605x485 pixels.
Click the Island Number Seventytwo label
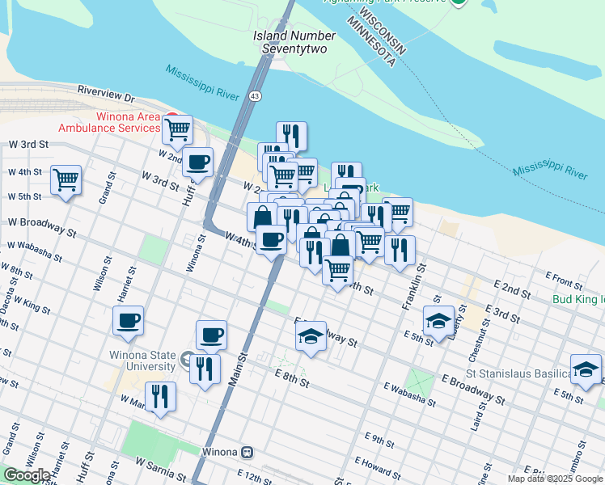point(294,42)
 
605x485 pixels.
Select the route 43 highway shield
point(255,96)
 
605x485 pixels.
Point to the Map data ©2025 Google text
point(555,479)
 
